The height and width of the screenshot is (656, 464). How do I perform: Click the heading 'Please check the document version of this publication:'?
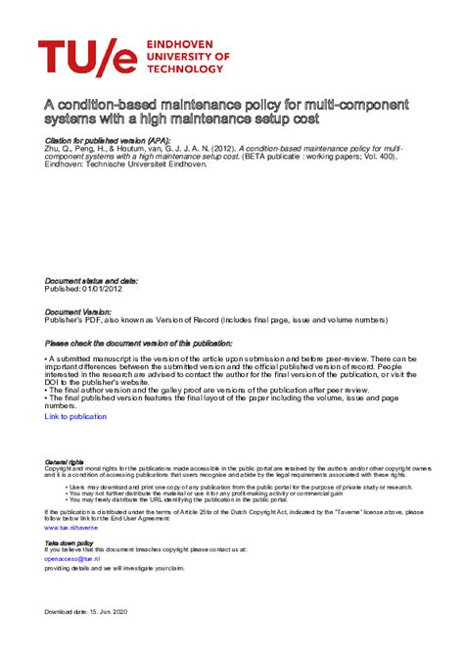(x=139, y=344)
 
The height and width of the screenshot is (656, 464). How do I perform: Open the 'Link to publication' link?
(x=75, y=416)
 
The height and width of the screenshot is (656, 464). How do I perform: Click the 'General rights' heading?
(x=65, y=461)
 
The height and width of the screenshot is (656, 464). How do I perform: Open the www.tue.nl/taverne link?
(x=71, y=528)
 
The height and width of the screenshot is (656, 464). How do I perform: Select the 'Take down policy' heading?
(x=70, y=541)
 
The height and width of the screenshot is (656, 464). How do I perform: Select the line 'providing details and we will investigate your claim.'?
(x=115, y=568)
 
